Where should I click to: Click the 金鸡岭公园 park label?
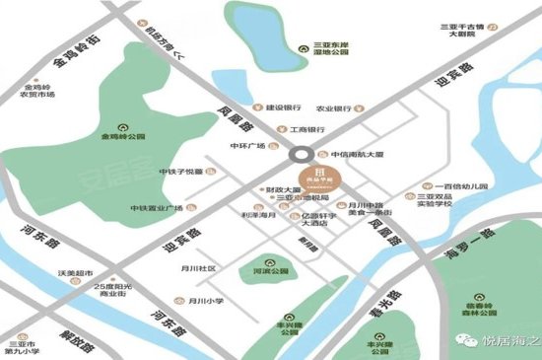pos(123,137)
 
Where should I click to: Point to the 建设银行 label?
pos(283,108)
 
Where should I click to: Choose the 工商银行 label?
pos(306,129)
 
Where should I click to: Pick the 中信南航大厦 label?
pos(356,155)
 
